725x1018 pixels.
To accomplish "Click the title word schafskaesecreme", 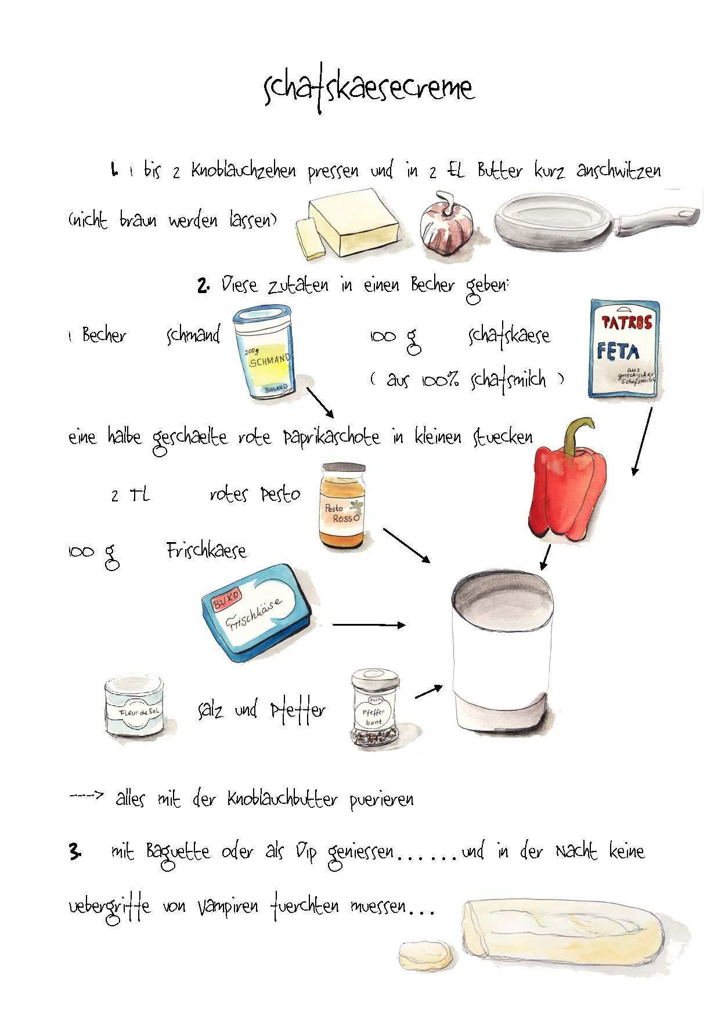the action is (369, 90).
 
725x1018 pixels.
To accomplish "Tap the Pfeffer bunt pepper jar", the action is (375, 707).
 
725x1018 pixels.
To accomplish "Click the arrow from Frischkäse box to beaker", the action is (369, 625).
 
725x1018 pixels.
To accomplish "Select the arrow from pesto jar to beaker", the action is (406, 546).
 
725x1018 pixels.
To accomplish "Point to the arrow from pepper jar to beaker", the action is (429, 691).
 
